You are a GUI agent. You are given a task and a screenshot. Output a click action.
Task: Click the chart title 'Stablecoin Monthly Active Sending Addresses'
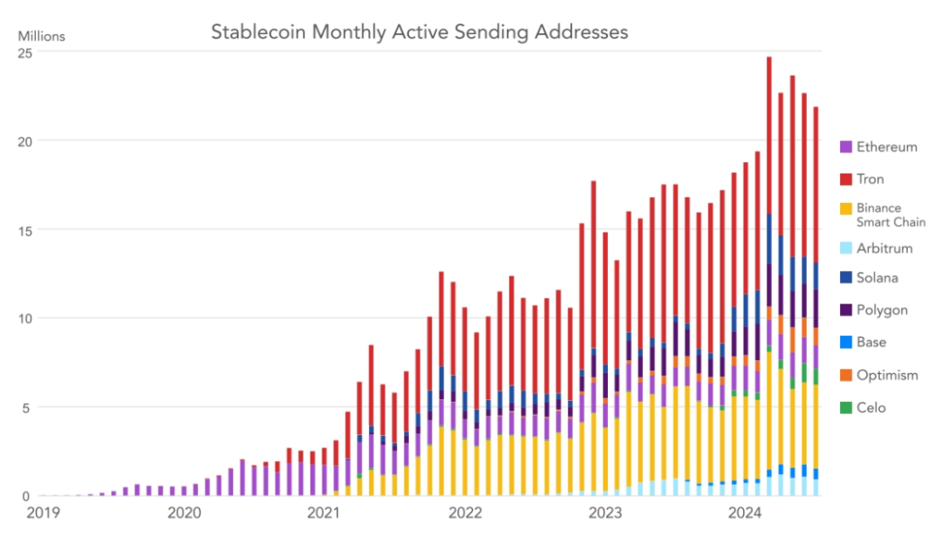pos(420,32)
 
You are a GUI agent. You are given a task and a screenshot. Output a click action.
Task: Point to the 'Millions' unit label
pos(41,37)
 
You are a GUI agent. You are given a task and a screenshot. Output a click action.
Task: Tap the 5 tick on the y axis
pos(28,407)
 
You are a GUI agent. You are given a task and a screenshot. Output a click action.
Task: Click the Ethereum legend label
pos(886,146)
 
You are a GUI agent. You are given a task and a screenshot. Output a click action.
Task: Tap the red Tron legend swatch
pos(846,180)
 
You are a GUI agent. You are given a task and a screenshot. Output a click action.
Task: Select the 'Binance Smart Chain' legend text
pos(890,215)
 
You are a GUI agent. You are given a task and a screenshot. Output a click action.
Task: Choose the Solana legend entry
pos(877,278)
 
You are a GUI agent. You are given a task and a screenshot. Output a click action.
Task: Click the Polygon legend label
pos(882,310)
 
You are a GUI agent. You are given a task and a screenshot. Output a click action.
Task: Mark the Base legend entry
pos(870,343)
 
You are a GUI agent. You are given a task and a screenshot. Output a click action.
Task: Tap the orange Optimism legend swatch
pos(846,376)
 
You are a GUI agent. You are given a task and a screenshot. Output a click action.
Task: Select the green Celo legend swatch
pos(846,408)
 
